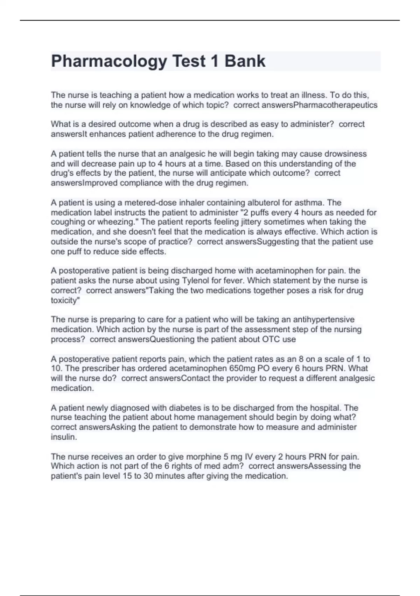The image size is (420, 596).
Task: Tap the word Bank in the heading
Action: point(245,61)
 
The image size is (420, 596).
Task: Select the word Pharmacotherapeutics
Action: point(336,105)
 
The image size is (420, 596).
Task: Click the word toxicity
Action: point(64,300)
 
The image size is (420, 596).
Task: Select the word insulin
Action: point(63,437)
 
